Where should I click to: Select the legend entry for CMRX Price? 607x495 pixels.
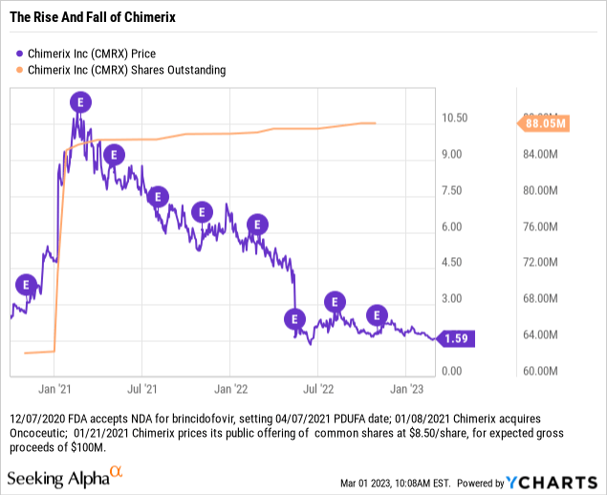pyautogui.click(x=87, y=54)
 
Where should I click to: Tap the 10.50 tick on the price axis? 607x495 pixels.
pyautogui.click(x=454, y=118)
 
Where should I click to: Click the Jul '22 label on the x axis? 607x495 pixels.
pyautogui.click(x=318, y=389)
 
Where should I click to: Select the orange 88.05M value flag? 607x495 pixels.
pyautogui.click(x=542, y=123)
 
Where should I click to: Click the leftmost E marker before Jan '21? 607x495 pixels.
pyautogui.click(x=27, y=285)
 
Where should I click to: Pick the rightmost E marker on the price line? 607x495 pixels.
pyautogui.click(x=379, y=314)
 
